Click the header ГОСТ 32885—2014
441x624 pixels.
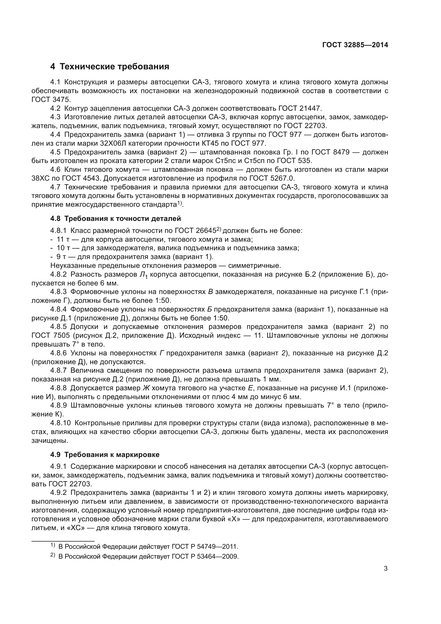click(x=355, y=45)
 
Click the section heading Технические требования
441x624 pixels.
click(x=110, y=67)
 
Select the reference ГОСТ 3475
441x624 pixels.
click(x=51, y=100)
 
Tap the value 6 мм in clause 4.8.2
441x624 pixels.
click(x=109, y=283)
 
